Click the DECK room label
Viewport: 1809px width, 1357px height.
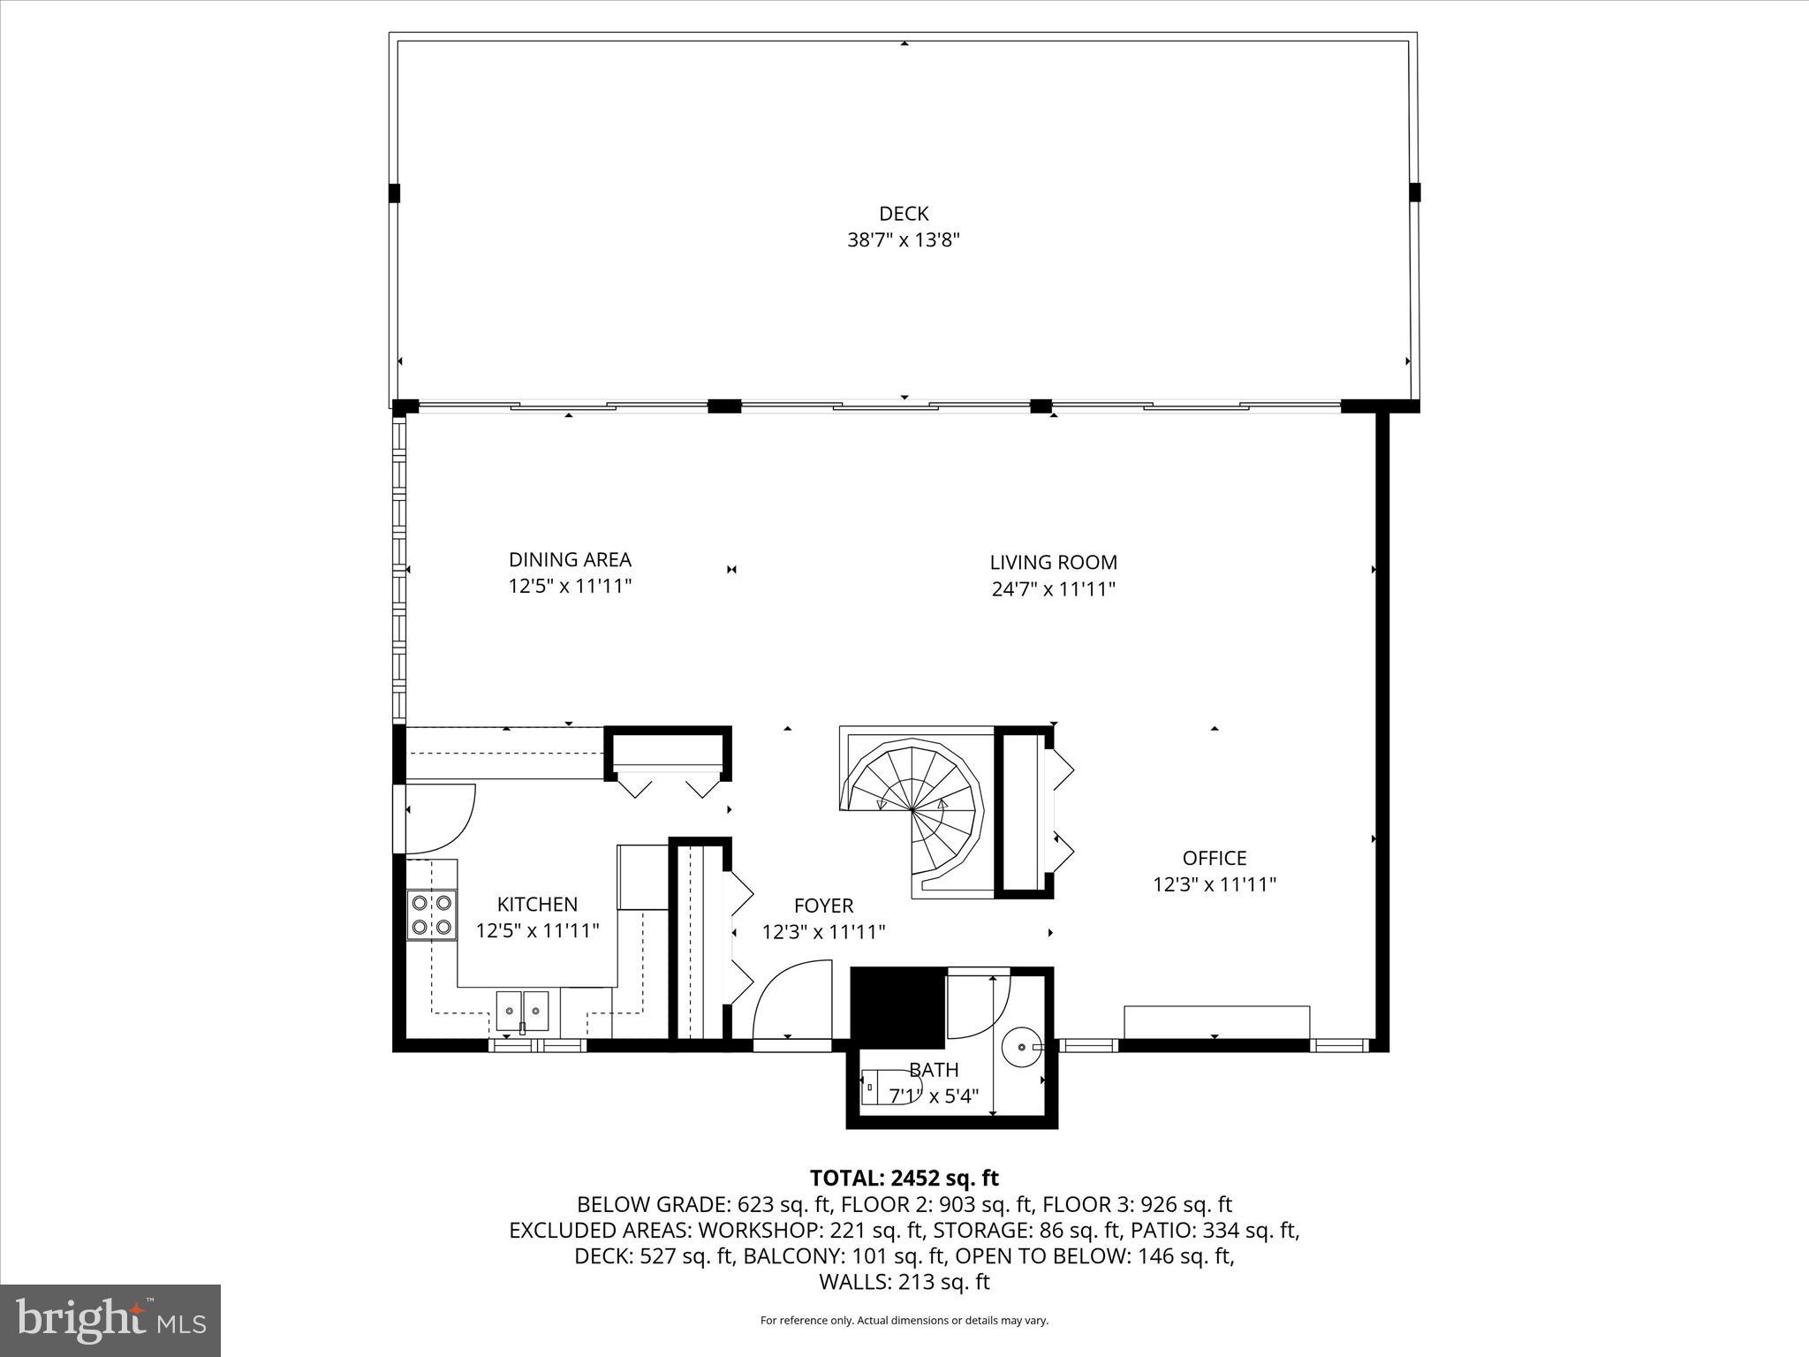tap(904, 213)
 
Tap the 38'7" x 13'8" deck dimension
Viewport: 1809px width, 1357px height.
tap(904, 240)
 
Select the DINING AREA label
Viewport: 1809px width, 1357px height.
tap(570, 559)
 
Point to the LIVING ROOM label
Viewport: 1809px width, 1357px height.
tap(1053, 562)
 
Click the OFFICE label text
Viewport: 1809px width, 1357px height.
tap(1214, 858)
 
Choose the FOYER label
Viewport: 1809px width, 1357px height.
tap(823, 906)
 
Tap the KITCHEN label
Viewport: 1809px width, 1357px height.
tap(537, 904)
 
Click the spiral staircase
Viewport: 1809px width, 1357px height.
tap(914, 808)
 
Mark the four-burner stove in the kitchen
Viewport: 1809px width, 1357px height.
tap(431, 915)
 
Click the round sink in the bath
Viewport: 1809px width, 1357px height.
tap(1022, 1046)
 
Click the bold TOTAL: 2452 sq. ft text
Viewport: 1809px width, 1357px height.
tap(904, 1178)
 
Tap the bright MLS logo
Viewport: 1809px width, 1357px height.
tap(110, 1321)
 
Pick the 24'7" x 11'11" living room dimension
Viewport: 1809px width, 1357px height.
tap(1053, 589)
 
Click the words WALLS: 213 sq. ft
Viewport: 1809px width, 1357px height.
tap(904, 1282)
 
